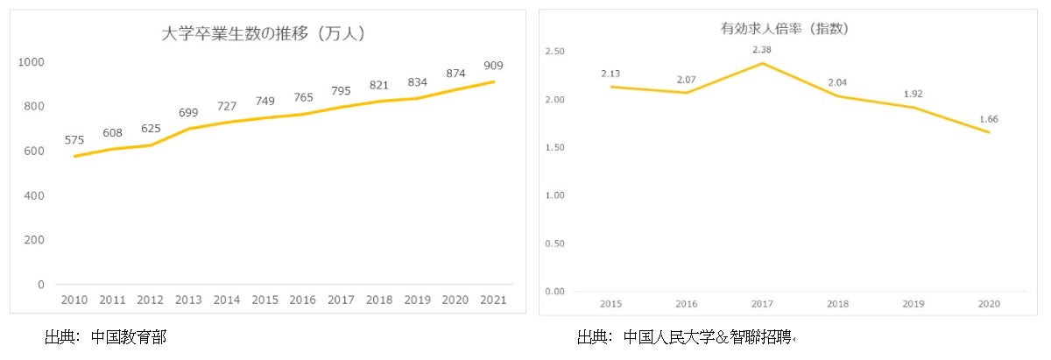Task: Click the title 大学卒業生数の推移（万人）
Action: [x=264, y=34]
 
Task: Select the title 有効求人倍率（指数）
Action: [x=784, y=29]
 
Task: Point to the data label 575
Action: [x=74, y=139]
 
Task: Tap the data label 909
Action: [x=492, y=65]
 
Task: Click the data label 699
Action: [x=188, y=112]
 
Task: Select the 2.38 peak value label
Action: [x=762, y=49]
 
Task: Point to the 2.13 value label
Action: [x=610, y=73]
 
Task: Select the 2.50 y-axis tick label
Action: [x=554, y=52]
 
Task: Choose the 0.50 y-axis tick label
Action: [x=554, y=243]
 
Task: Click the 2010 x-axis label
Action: [x=74, y=300]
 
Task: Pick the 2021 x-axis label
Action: [x=492, y=300]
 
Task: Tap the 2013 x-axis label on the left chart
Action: [x=188, y=300]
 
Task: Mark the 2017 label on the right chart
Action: [x=762, y=304]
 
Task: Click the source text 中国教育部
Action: [x=128, y=336]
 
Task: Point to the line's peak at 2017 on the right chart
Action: [x=762, y=63]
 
